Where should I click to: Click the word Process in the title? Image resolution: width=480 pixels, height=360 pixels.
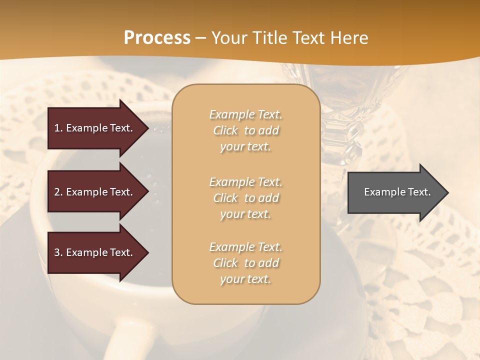tap(157, 37)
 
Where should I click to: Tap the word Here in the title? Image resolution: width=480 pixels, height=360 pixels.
tap(348, 38)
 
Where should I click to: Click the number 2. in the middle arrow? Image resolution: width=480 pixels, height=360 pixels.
tap(58, 192)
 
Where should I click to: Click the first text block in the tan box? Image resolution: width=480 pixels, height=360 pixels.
tap(245, 130)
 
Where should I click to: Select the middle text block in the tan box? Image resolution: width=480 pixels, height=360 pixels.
tap(245, 198)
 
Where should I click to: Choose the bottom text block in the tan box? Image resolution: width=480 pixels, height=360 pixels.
tap(245, 263)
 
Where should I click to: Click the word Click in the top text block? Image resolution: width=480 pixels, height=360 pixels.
tap(225, 130)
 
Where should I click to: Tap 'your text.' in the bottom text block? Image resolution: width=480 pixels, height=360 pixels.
tap(245, 279)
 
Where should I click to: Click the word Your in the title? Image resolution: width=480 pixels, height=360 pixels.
tap(230, 38)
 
